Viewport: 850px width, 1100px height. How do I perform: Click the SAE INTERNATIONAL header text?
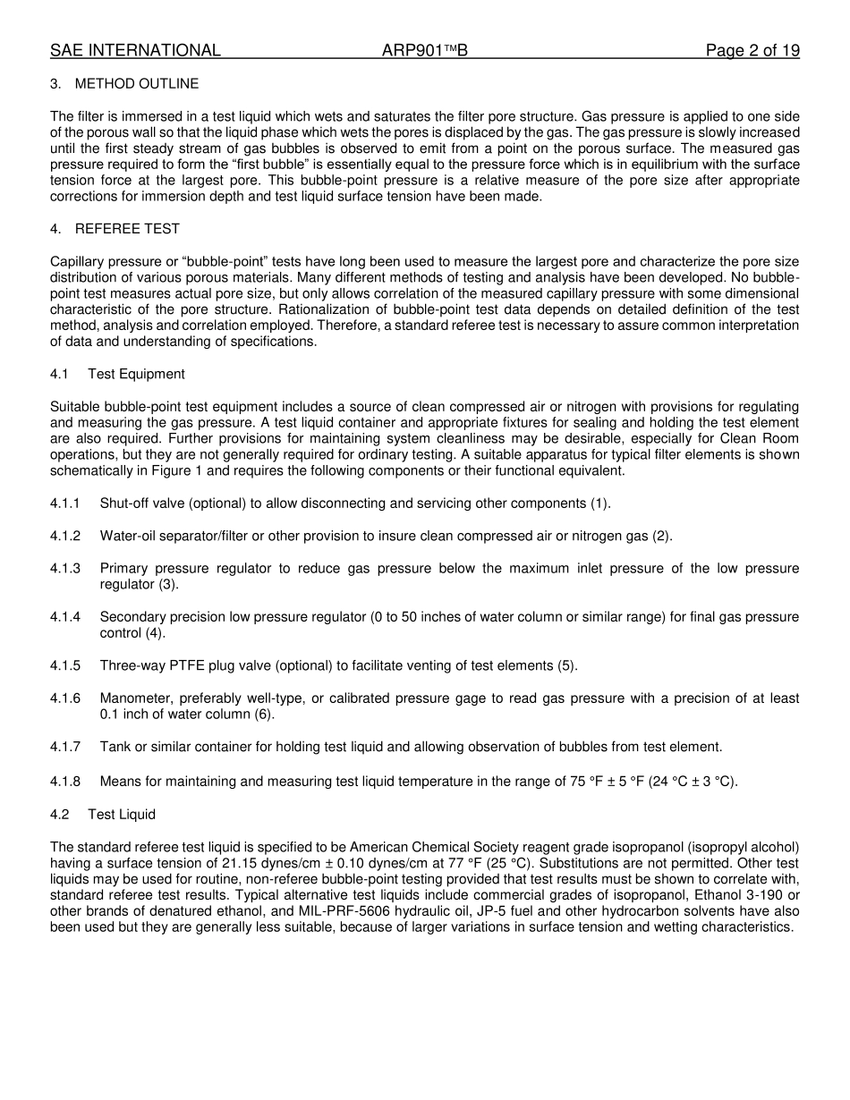point(135,51)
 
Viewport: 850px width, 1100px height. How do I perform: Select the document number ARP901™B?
point(424,51)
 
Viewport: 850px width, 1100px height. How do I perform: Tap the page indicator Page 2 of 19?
point(752,51)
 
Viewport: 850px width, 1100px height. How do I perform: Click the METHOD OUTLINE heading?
point(137,84)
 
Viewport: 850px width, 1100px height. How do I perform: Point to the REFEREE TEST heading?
point(127,229)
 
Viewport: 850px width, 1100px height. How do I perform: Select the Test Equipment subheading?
point(136,374)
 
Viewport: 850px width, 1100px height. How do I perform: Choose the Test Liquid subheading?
point(122,814)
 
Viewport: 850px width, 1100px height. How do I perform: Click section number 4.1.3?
point(65,569)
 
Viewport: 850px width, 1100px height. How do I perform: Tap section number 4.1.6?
point(65,698)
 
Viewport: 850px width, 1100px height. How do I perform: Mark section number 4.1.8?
point(65,782)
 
